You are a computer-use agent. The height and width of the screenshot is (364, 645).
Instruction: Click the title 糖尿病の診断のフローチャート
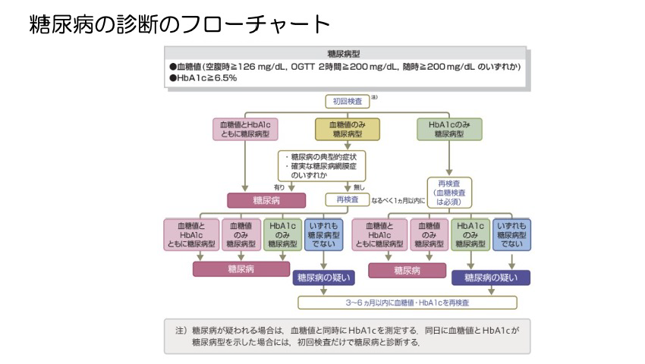click(180, 25)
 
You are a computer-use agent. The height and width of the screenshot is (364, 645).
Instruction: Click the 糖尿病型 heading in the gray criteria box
click(343, 55)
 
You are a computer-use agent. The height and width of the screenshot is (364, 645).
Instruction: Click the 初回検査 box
click(348, 100)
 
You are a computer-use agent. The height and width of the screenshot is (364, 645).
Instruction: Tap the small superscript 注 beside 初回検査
click(374, 97)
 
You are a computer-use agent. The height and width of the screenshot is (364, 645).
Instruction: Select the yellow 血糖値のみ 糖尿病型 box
click(347, 129)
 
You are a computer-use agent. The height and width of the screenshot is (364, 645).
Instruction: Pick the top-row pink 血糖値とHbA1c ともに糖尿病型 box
click(244, 129)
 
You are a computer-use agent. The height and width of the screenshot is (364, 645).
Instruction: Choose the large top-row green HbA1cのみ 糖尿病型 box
click(449, 129)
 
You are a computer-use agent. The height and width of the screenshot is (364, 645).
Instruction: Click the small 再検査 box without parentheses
click(347, 200)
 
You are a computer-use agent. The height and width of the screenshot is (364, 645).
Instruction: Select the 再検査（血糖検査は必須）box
click(449, 193)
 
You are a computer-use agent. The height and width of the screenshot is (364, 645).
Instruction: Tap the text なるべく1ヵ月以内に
click(398, 201)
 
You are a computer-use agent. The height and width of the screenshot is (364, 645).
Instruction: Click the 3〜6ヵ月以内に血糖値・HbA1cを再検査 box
click(407, 302)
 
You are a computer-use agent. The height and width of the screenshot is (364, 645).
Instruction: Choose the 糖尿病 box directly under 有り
click(266, 200)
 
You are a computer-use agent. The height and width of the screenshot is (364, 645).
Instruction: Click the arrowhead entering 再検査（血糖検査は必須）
click(449, 173)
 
